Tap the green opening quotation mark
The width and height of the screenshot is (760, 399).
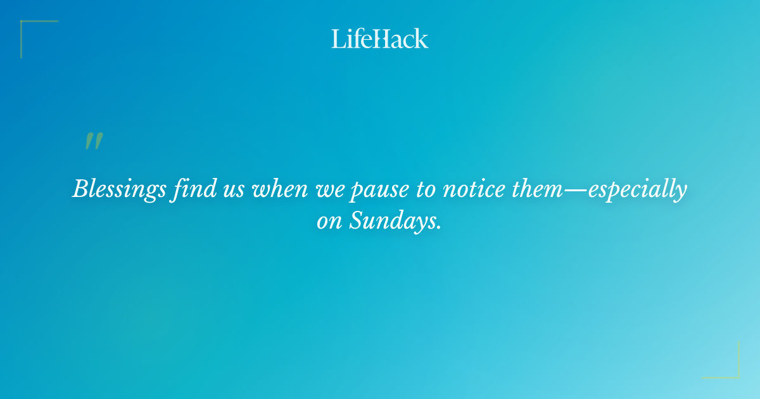tap(93, 141)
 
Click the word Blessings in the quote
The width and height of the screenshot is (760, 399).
tap(120, 189)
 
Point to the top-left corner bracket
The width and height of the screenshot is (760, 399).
tap(23, 23)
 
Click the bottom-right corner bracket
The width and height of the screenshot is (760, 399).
tap(737, 376)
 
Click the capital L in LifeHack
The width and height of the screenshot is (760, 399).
tap(337, 39)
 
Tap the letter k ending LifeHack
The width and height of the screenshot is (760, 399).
tap(422, 39)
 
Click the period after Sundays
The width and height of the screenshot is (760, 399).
tap(438, 228)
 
